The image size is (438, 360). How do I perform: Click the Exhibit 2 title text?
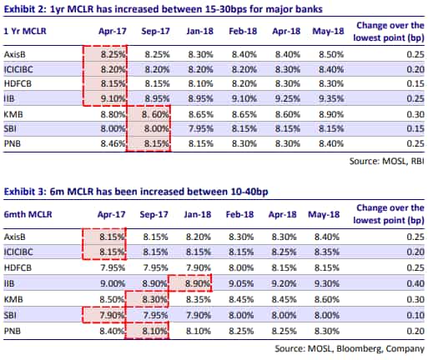point(164,9)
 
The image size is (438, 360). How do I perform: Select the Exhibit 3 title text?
point(136,192)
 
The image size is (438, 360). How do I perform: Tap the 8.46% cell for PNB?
point(113,143)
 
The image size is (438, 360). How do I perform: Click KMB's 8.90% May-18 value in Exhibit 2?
point(331,114)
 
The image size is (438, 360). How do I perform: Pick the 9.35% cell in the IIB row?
point(331,98)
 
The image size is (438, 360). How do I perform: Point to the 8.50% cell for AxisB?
point(331,54)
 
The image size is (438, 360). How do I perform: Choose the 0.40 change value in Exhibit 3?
point(415,283)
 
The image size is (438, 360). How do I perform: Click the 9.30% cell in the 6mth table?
point(327,283)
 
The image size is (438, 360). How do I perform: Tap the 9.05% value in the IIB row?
point(241,283)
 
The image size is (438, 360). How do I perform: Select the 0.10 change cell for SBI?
point(415,315)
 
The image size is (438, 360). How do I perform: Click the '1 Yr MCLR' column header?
point(25,31)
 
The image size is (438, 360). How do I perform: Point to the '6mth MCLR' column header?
point(28,214)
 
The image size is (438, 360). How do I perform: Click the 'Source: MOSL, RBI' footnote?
point(387,161)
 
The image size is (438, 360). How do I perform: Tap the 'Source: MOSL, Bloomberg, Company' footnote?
point(350,348)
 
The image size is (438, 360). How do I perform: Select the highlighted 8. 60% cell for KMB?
point(155,114)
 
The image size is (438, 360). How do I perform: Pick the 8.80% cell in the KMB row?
point(113,114)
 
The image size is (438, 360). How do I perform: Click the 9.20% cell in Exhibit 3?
point(284,283)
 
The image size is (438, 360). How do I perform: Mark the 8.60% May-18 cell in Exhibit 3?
point(327,299)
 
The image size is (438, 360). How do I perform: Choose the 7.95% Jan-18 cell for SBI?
point(201,129)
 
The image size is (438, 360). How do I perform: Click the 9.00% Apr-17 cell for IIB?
point(113,283)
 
